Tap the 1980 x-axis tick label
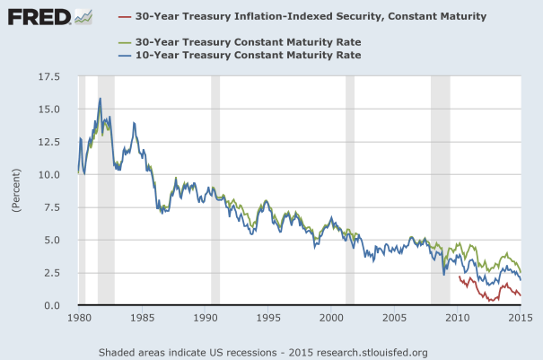(x=79, y=319)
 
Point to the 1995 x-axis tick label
(x=268, y=319)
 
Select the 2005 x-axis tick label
(x=394, y=319)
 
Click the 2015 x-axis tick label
(x=521, y=319)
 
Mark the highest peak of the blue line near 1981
(x=101, y=98)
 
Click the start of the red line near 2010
(x=459, y=277)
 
